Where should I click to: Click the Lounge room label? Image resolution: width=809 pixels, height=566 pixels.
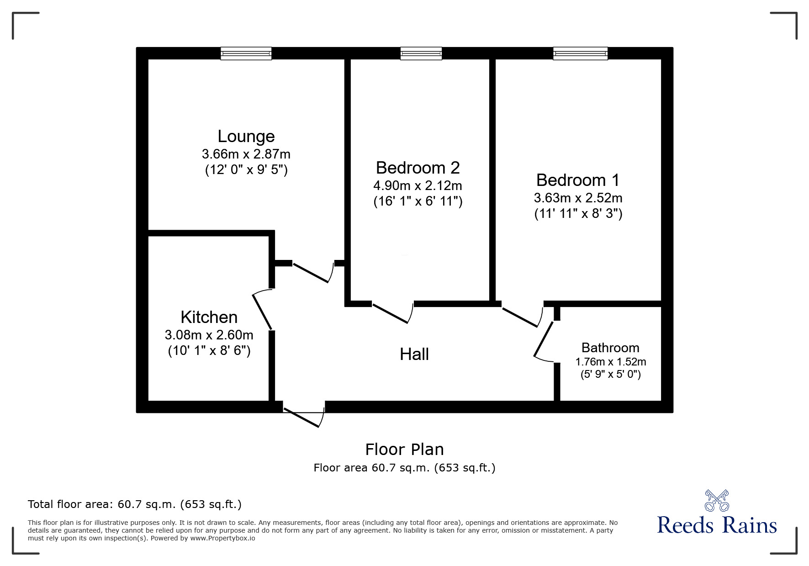click(x=246, y=136)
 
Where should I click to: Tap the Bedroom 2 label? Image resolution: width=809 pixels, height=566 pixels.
click(x=418, y=168)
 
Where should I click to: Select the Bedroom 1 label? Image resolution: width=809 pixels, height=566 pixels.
click(x=578, y=180)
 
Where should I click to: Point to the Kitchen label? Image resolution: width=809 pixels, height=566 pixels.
click(x=209, y=317)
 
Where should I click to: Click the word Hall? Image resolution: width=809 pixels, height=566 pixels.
click(x=414, y=354)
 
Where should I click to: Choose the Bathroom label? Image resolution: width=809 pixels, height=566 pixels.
click(x=610, y=348)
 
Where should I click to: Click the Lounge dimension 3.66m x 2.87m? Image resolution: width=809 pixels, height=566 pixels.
click(x=246, y=154)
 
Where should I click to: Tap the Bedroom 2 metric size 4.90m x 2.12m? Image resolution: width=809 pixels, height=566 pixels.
click(x=418, y=185)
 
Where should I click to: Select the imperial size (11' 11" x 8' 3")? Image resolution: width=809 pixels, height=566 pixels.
click(x=578, y=214)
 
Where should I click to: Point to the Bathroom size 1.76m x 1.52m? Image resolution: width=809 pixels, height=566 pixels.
click(x=610, y=362)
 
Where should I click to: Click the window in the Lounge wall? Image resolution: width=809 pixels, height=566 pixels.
click(x=246, y=53)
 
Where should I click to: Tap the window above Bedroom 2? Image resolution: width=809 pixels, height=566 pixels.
click(x=421, y=53)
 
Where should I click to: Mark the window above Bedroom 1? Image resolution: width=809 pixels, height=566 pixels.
click(x=580, y=53)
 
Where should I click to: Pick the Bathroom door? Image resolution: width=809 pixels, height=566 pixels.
click(x=544, y=339)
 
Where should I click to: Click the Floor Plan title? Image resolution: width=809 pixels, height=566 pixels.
click(x=404, y=450)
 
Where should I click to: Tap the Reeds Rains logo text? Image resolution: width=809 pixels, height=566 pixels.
click(x=717, y=525)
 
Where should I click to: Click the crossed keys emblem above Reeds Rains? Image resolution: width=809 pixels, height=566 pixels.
click(x=717, y=500)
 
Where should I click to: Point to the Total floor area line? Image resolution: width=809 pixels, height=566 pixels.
click(x=135, y=504)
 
